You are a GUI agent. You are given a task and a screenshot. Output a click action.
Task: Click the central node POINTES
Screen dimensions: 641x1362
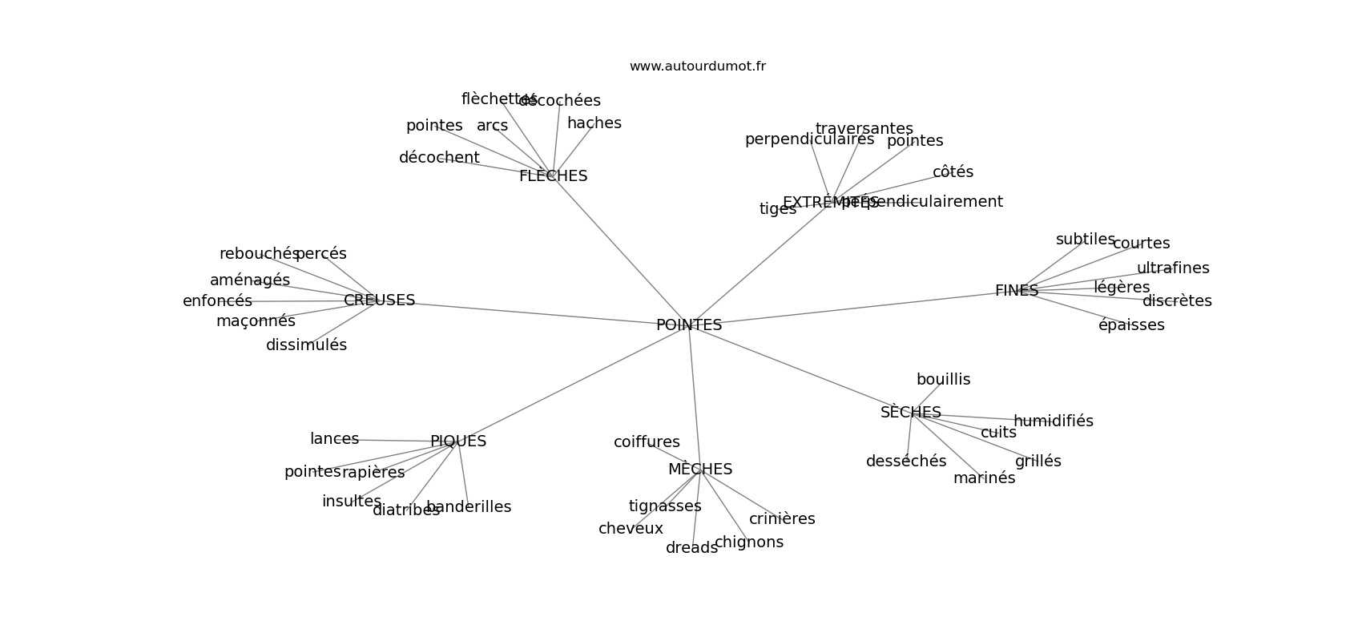(x=689, y=325)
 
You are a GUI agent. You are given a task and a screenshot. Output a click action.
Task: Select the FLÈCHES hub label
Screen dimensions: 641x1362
(x=553, y=176)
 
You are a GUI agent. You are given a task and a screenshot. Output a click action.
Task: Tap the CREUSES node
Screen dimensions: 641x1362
(x=379, y=300)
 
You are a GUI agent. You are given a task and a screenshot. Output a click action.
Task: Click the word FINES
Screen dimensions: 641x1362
(x=1016, y=291)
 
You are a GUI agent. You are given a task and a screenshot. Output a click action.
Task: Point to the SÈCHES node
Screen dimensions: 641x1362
(x=910, y=413)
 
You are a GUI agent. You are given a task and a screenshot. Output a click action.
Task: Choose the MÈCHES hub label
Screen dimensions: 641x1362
(x=699, y=470)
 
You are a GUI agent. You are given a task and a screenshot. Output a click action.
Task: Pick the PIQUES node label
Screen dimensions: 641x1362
(x=457, y=441)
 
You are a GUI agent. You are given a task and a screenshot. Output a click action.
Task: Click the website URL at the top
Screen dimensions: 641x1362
(x=697, y=67)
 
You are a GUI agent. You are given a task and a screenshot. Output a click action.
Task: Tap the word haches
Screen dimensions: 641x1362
(x=594, y=123)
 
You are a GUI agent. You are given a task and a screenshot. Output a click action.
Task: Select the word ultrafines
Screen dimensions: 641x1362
(x=1172, y=268)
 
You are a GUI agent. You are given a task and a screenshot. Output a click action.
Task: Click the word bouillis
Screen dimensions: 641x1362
(x=943, y=380)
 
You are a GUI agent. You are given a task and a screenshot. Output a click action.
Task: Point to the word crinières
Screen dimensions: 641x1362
(x=781, y=519)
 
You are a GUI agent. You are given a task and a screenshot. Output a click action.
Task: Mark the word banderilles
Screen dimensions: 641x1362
(x=469, y=507)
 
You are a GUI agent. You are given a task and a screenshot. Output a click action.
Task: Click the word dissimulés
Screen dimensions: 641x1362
(x=306, y=345)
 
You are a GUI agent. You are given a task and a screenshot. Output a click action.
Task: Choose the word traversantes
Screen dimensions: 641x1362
(x=864, y=129)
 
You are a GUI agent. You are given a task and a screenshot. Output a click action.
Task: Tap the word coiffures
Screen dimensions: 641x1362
(x=647, y=442)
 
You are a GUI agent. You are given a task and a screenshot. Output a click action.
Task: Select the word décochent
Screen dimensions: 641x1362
(x=439, y=158)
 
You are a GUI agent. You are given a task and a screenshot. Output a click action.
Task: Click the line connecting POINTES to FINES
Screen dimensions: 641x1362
(x=849, y=308)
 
